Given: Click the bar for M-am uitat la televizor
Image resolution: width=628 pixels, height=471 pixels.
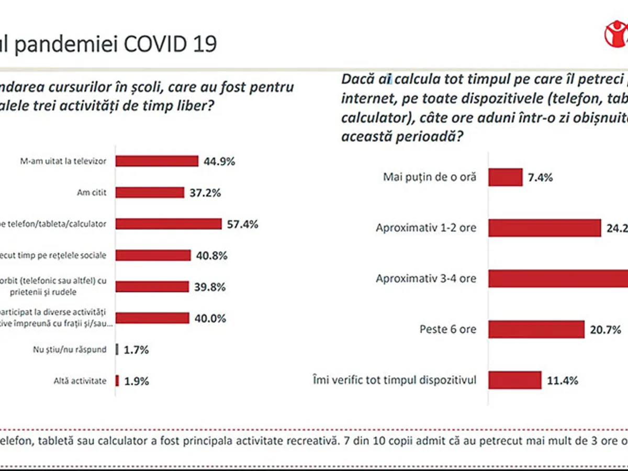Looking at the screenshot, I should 156,161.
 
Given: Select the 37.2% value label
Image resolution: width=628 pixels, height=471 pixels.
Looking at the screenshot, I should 205,193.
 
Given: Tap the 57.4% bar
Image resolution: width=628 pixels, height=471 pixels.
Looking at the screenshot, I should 168,224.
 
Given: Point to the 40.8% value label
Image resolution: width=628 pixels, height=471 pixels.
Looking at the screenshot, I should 211,256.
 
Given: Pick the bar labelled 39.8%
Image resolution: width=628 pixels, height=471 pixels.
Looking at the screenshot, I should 152,287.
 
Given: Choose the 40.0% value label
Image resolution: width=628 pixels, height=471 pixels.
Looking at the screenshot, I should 210,318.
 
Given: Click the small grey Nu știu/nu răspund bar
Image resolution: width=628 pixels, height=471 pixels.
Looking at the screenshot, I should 117,350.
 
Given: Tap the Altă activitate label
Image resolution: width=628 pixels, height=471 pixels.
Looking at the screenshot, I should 80,381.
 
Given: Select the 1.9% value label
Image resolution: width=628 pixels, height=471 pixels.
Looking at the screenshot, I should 137,381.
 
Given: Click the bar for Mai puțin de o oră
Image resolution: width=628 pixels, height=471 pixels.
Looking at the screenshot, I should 505,177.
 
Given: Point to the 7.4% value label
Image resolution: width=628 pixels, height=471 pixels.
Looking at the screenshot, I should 540,177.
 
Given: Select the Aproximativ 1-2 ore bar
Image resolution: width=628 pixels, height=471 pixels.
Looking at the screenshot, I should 544,228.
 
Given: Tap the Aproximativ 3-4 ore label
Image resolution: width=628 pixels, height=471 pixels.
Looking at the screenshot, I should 425,278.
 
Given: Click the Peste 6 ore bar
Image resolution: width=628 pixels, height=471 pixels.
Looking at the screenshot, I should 536,330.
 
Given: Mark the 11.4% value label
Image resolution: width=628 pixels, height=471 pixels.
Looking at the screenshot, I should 563,380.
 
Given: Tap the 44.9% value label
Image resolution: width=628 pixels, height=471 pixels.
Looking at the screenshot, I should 219,161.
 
